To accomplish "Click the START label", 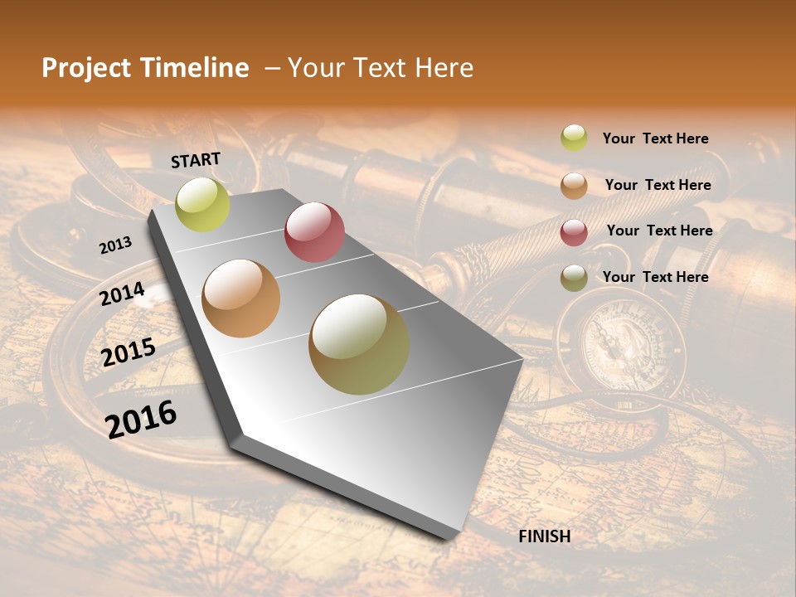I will pyautogui.click(x=196, y=159).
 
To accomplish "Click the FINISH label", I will pyautogui.click(x=544, y=536).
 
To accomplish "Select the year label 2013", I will pyautogui.click(x=115, y=245).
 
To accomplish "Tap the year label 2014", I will pyautogui.click(x=123, y=294).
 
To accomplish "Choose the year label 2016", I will pyautogui.click(x=141, y=419).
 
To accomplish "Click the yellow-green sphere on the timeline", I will pyautogui.click(x=202, y=205).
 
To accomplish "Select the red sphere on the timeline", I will pyautogui.click(x=314, y=232).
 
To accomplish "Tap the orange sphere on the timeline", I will pyautogui.click(x=241, y=298).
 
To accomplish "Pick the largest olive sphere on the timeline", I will pyautogui.click(x=359, y=344).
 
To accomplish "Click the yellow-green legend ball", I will pyautogui.click(x=574, y=138).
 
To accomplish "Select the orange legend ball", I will pyautogui.click(x=574, y=186).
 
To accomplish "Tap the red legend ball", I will pyautogui.click(x=574, y=232).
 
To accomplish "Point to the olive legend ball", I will pyautogui.click(x=574, y=278).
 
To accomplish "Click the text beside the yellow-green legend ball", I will pyautogui.click(x=655, y=138).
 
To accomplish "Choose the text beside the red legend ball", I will pyautogui.click(x=659, y=231).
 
